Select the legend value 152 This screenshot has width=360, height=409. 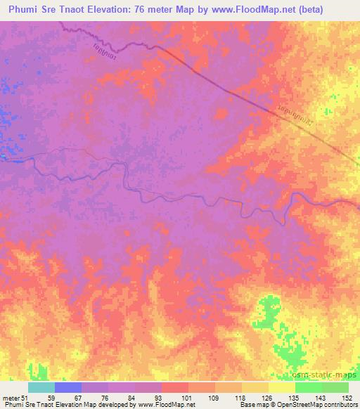(x=347, y=397)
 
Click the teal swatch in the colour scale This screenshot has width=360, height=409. (x=41, y=387)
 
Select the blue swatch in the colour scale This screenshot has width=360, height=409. (x=68, y=387)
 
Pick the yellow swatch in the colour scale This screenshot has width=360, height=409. (x=282, y=387)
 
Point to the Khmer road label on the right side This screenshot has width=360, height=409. (x=302, y=121)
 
